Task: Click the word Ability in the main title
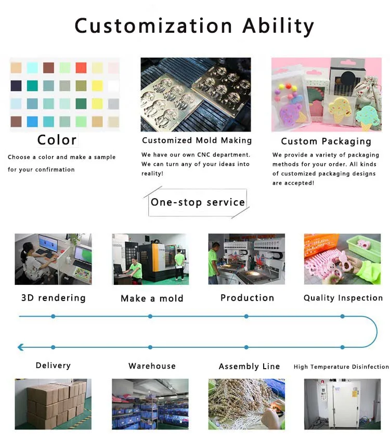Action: (x=278, y=25)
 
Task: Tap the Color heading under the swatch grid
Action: (x=57, y=140)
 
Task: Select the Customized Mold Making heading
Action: (x=197, y=140)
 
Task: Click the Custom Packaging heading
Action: (x=326, y=141)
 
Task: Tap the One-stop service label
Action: (x=198, y=202)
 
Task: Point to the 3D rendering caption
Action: (x=53, y=298)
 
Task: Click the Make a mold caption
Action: (x=152, y=298)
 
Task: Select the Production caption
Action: (x=247, y=298)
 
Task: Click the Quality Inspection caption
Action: (x=343, y=298)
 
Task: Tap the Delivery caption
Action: (x=53, y=366)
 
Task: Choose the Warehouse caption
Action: (x=152, y=366)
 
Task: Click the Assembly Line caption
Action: (x=249, y=367)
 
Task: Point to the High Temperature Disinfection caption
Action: (x=341, y=367)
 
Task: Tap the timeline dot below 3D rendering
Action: (x=53, y=316)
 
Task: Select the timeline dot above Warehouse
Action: (x=150, y=347)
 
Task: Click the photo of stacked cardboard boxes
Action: (x=53, y=403)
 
